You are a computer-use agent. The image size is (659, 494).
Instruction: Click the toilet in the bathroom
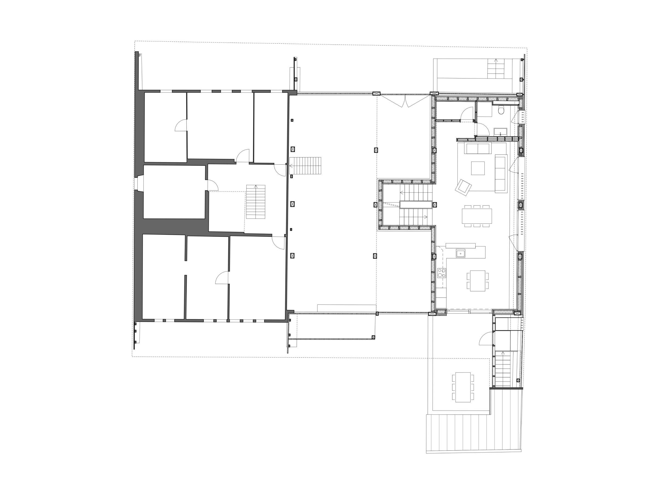click(501, 111)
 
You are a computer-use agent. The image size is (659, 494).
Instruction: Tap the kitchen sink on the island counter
click(460, 253)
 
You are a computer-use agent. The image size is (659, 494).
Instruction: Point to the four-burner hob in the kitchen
click(442, 273)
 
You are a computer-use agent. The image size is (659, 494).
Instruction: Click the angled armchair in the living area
click(463, 188)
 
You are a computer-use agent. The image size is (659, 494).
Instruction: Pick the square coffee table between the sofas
click(478, 168)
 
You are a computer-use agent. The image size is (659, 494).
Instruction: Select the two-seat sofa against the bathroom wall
click(478, 148)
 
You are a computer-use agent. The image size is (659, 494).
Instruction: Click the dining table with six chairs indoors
click(477, 216)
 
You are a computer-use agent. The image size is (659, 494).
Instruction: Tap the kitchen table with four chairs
click(478, 281)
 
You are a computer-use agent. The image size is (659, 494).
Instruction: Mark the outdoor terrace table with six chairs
click(463, 387)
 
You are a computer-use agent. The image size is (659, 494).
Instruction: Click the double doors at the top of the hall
click(405, 101)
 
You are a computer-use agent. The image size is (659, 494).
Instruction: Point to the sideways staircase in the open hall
click(305, 165)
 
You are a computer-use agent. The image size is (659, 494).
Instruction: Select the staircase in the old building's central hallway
click(256, 202)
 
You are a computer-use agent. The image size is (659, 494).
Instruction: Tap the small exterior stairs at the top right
click(496, 69)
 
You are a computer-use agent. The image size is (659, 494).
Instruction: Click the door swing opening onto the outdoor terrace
click(486, 339)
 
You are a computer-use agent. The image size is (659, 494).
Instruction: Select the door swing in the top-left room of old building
click(181, 125)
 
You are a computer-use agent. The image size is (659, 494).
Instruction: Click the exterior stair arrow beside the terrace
click(503, 353)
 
